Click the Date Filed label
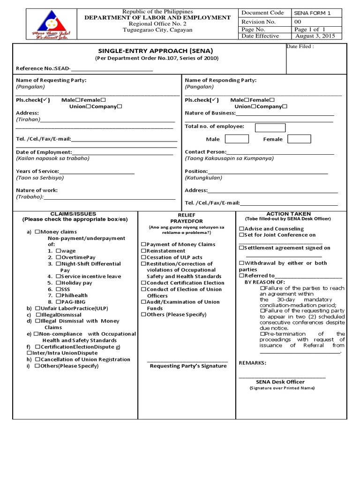[x=300, y=47]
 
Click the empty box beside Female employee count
[x=299, y=139]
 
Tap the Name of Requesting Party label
[x=51, y=80]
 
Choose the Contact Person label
[x=206, y=152]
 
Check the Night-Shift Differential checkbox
[x=59, y=264]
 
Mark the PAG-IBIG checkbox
[x=59, y=302]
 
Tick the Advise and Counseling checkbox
[x=242, y=228]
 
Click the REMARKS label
[x=253, y=363]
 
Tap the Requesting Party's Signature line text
[x=188, y=366]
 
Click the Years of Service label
[x=37, y=171]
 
